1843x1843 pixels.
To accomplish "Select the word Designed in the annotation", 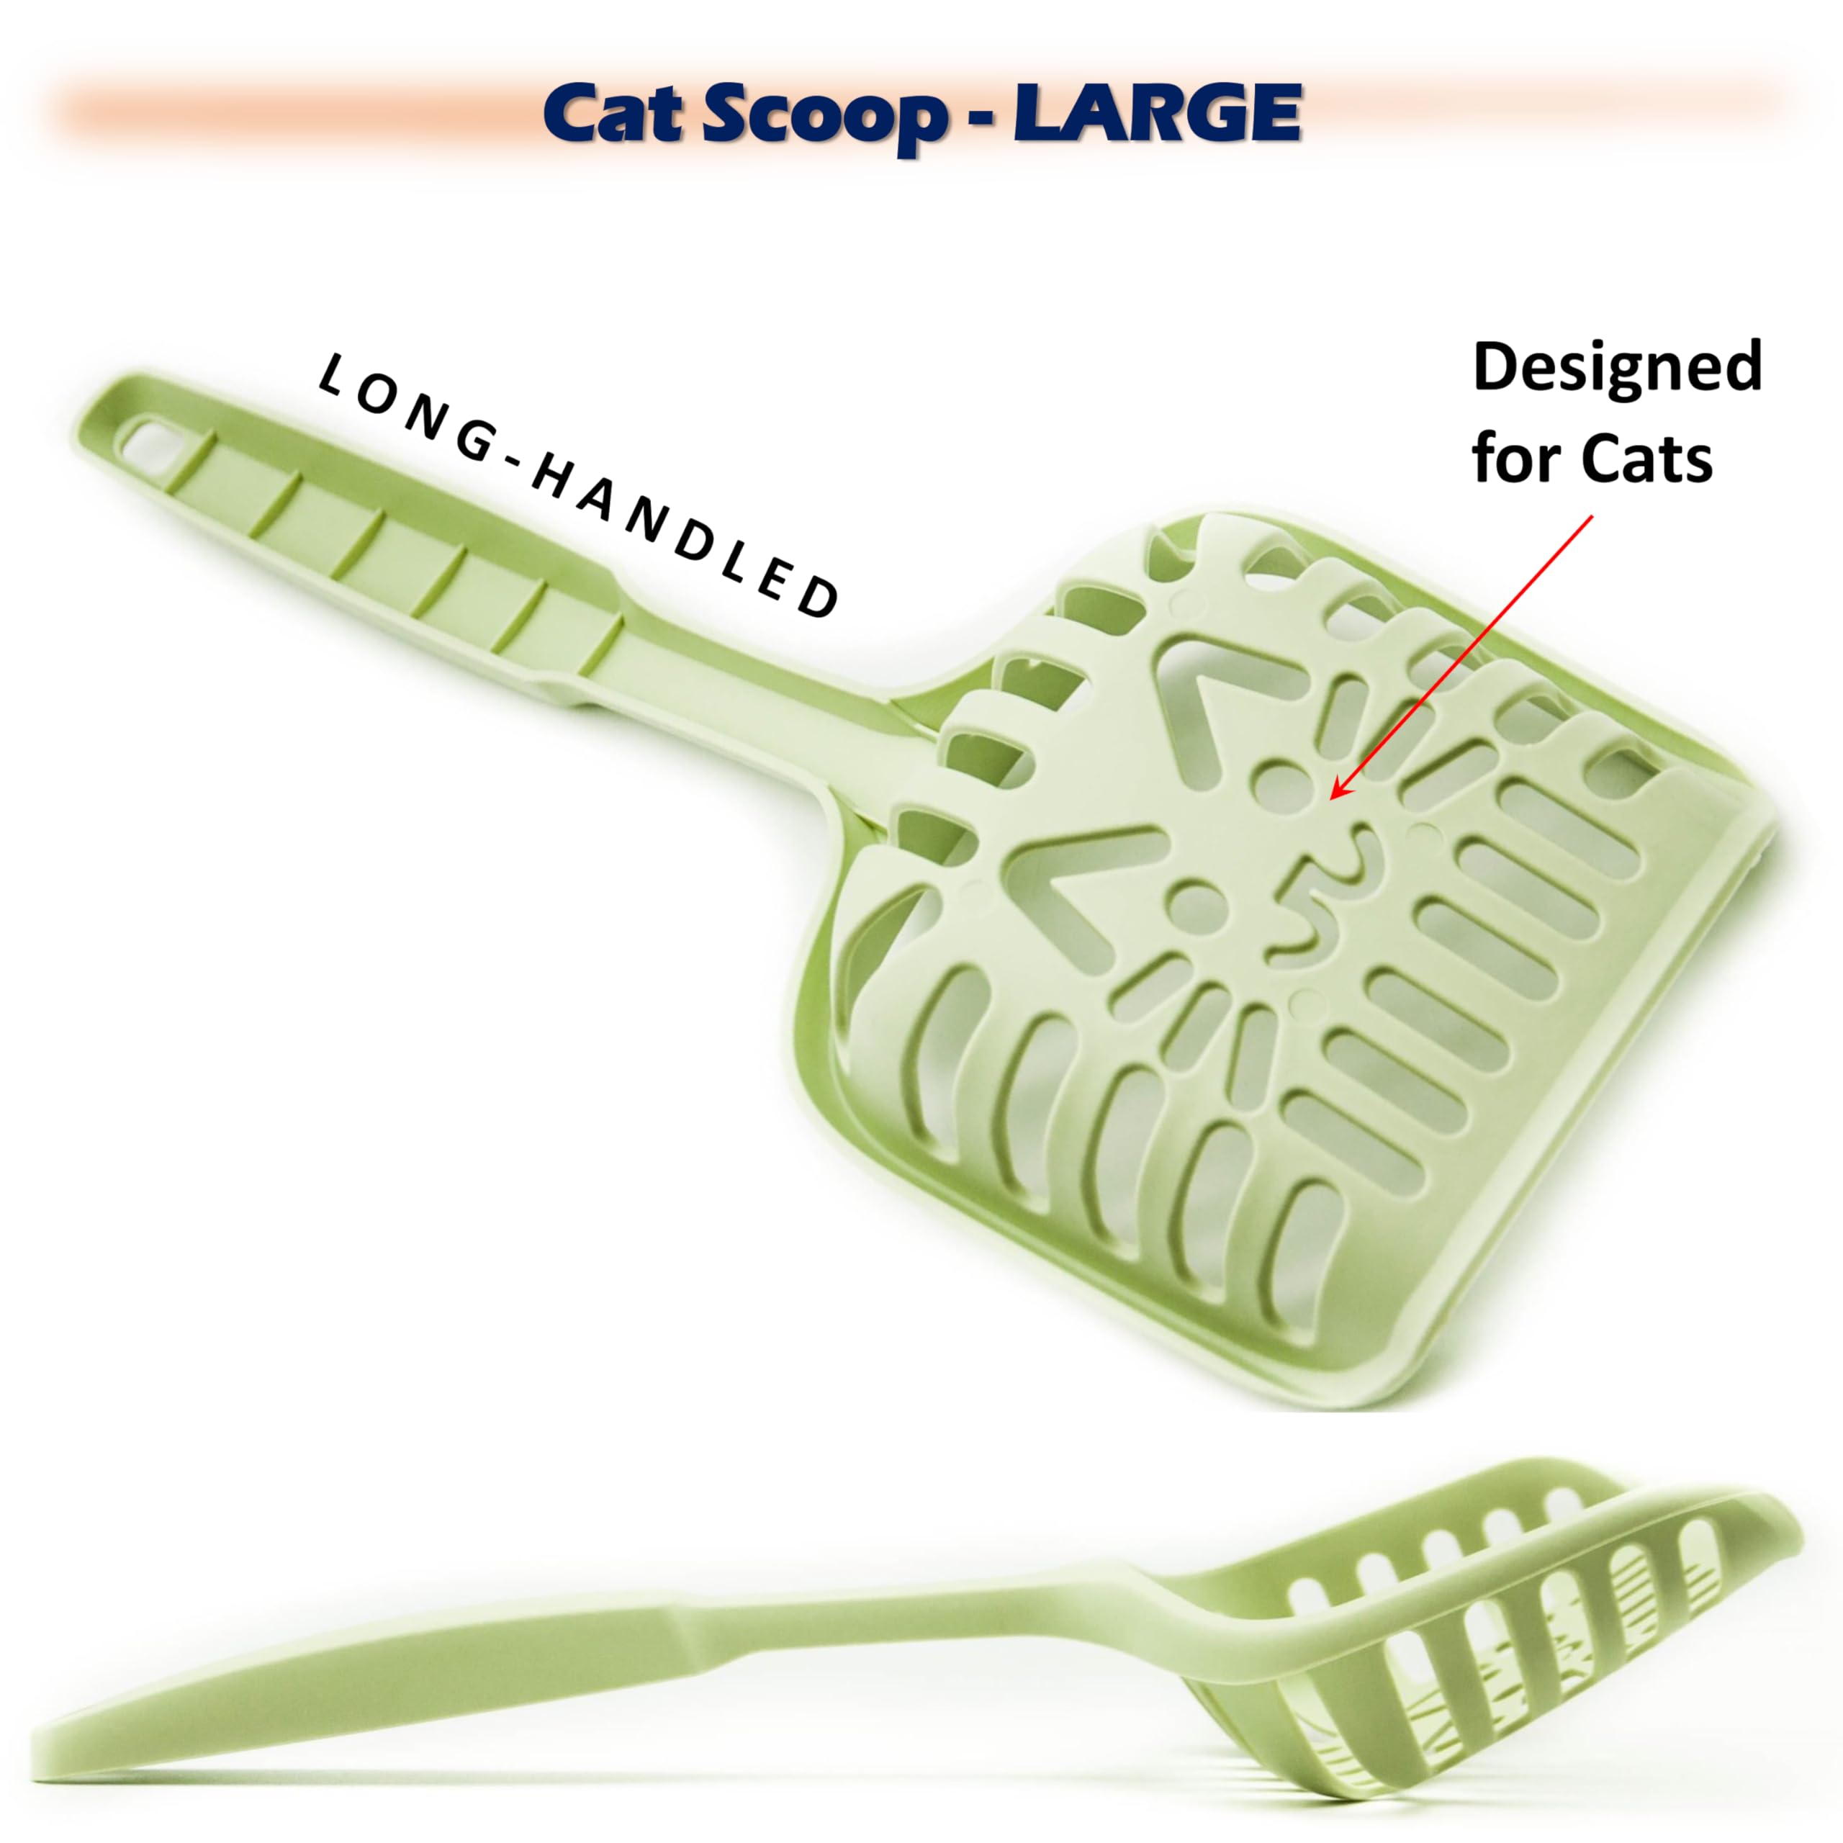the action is click(1617, 367).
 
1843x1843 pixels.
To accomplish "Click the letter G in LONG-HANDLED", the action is click(472, 441).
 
